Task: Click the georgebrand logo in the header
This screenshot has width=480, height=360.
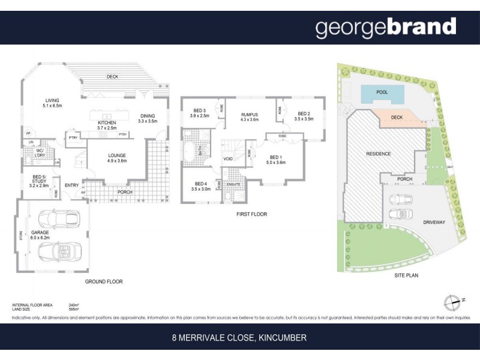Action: (x=386, y=28)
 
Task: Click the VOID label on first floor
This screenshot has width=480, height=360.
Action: (x=227, y=159)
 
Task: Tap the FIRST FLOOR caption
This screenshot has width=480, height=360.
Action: (x=251, y=214)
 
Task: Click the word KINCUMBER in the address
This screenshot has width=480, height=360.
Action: (x=282, y=338)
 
